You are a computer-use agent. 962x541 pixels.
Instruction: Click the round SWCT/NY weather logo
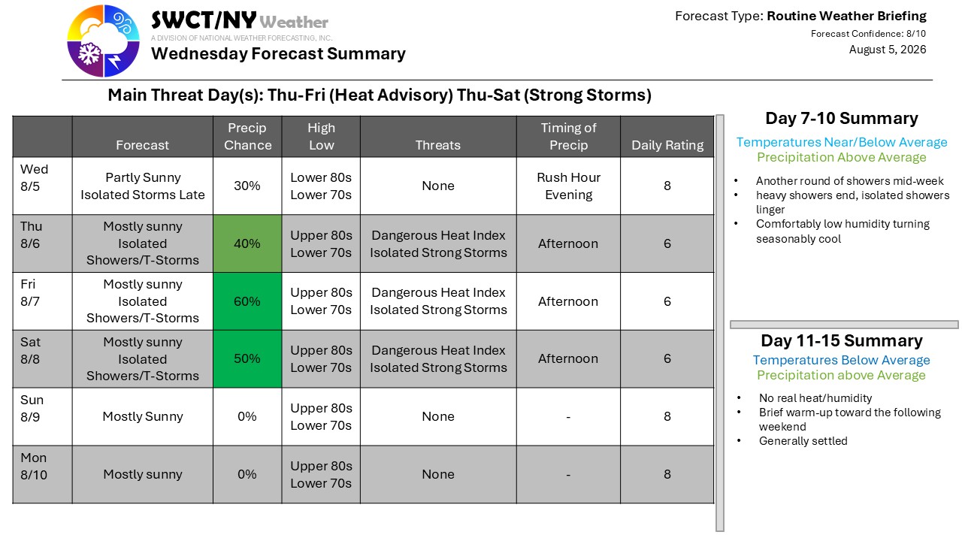(103, 41)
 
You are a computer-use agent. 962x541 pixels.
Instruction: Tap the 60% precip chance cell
(247, 301)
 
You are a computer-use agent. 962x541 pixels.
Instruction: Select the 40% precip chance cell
(247, 243)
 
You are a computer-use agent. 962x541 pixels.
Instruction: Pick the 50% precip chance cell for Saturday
(247, 358)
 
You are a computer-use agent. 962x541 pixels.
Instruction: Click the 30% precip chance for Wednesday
(247, 186)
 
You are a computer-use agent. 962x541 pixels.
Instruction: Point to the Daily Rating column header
(667, 145)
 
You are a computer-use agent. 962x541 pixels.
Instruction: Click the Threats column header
(437, 145)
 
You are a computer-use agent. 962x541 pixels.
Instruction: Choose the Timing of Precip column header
(569, 136)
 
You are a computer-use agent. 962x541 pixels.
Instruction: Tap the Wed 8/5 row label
(35, 178)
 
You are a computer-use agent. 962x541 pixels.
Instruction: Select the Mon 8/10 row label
(34, 467)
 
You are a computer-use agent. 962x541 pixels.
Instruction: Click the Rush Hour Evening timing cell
(569, 186)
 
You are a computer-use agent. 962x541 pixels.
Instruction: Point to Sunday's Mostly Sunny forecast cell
(143, 416)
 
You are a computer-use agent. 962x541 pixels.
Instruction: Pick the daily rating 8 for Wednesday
(667, 186)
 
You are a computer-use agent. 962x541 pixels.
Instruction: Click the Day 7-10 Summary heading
(842, 118)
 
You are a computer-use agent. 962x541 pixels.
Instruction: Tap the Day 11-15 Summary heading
(842, 340)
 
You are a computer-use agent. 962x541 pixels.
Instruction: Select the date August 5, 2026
(888, 50)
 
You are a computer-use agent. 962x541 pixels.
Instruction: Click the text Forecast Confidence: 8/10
(868, 34)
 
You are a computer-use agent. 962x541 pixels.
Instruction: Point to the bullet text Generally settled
(803, 441)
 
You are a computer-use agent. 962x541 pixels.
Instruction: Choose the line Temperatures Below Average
(841, 360)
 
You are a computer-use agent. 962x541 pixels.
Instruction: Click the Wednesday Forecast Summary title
(278, 53)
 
